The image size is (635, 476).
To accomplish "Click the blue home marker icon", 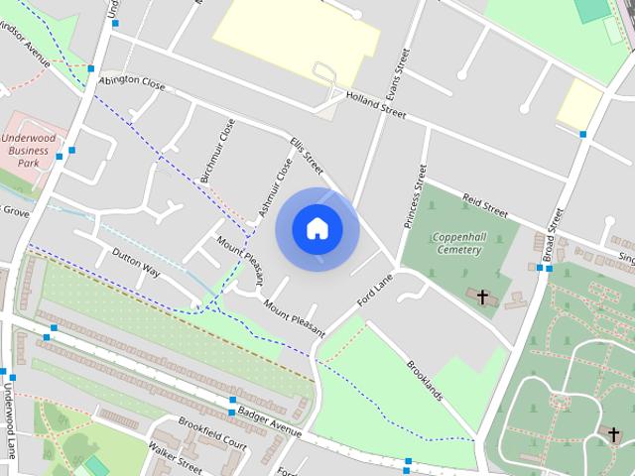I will click(x=317, y=229).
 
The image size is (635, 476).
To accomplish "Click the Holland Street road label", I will click(x=376, y=105).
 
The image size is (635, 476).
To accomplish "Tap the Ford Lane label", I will click(x=376, y=289).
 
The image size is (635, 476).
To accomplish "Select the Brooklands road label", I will click(x=424, y=379).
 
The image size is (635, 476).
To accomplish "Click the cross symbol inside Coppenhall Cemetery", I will click(x=484, y=297).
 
